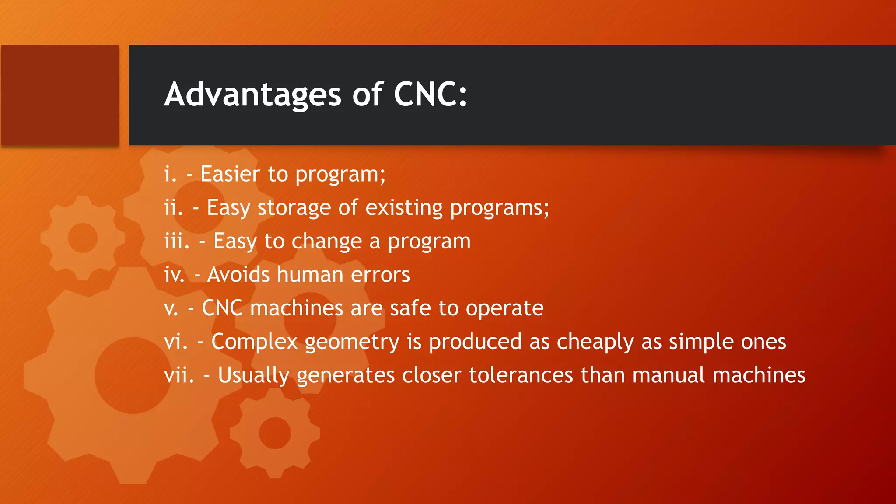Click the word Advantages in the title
252,94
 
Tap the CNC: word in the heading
430,94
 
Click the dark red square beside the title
60,95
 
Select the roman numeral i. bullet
170,174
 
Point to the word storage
294,208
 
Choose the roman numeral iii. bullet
177,241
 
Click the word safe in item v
410,308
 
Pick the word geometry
352,342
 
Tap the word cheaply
595,342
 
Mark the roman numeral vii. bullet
179,375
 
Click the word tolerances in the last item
521,375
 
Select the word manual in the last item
668,375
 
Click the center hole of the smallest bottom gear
275,433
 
